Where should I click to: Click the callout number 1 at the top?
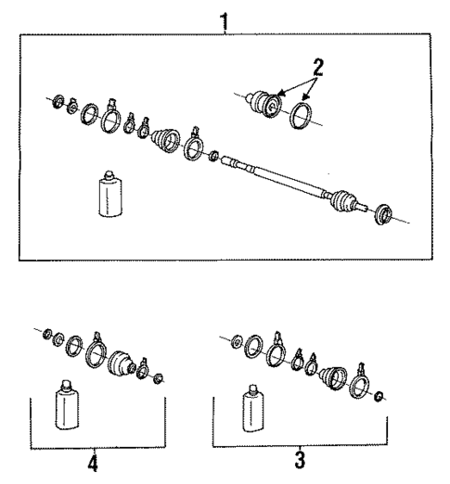pyautogui.click(x=224, y=17)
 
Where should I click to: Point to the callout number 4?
pyautogui.click(x=93, y=461)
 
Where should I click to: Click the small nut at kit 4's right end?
pyautogui.click(x=158, y=378)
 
